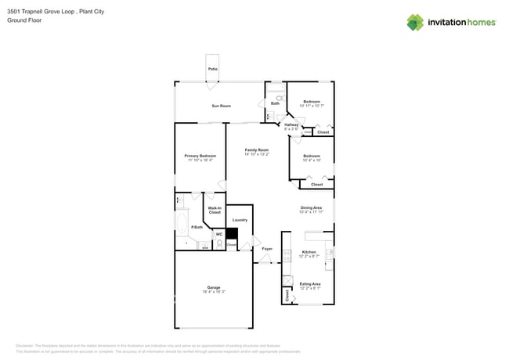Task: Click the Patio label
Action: (x=212, y=70)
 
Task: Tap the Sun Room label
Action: (x=221, y=106)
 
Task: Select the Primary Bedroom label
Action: (x=200, y=156)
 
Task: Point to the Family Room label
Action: (x=256, y=149)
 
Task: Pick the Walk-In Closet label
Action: (x=214, y=210)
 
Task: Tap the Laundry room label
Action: (x=240, y=220)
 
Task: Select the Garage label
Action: (x=213, y=287)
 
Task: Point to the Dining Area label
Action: (x=311, y=207)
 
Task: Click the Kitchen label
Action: (x=309, y=252)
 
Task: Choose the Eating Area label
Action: (x=309, y=283)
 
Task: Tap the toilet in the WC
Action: (x=220, y=244)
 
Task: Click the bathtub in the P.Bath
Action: (x=182, y=228)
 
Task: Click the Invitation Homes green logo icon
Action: (x=415, y=22)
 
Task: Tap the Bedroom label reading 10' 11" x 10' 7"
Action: (x=311, y=102)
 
